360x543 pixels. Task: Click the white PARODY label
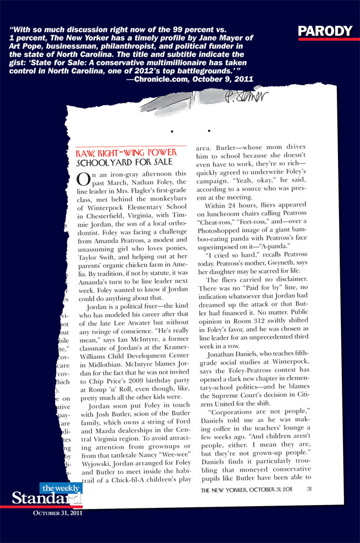(x=325, y=31)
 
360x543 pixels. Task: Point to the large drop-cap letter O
(x=83, y=179)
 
